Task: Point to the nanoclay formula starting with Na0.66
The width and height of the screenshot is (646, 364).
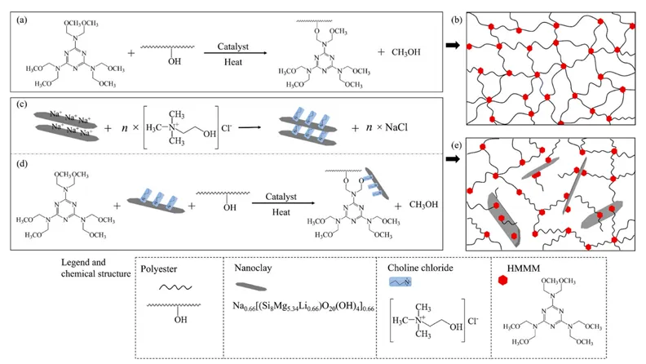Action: [x=299, y=308]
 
